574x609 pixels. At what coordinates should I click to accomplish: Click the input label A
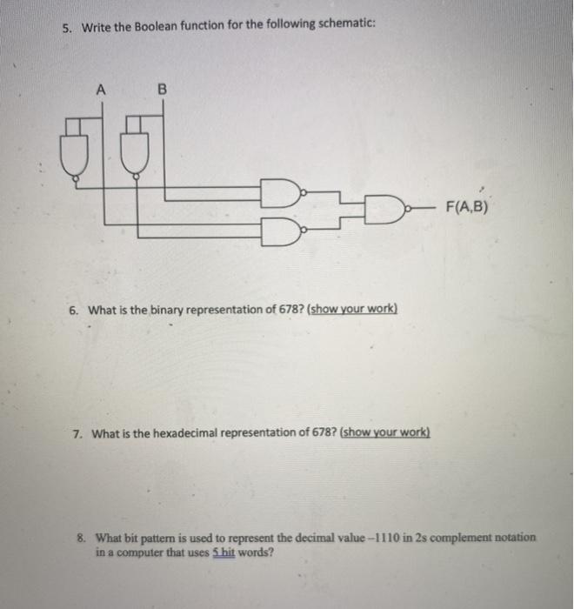(x=102, y=88)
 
